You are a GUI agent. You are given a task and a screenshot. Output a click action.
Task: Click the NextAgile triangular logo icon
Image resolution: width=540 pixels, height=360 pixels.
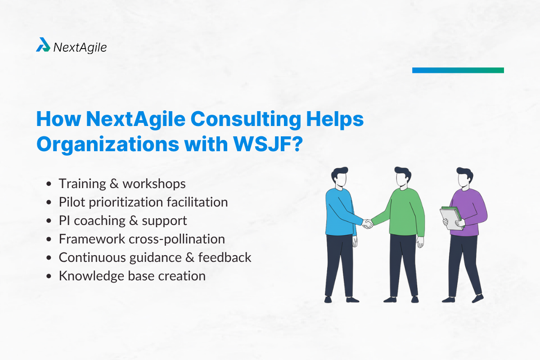tap(43, 45)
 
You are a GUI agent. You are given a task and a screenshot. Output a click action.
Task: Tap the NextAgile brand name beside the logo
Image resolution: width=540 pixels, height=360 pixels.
tap(80, 47)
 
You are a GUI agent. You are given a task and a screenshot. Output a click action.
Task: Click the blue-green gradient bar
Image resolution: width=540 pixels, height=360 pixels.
tap(458, 70)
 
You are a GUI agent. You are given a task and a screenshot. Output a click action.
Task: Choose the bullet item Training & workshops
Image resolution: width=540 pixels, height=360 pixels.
tap(122, 184)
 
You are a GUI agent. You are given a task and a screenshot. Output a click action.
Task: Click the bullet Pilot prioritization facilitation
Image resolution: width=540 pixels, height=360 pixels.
tap(143, 202)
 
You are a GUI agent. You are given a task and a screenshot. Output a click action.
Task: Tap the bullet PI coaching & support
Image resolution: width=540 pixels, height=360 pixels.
tap(123, 220)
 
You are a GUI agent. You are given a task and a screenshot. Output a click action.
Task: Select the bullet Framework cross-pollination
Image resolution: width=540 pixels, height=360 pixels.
tap(142, 239)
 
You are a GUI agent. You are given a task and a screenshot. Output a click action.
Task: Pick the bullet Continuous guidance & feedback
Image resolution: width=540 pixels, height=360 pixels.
tap(155, 257)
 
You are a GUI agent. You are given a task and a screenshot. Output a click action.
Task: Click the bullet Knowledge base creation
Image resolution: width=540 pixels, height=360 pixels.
tap(132, 276)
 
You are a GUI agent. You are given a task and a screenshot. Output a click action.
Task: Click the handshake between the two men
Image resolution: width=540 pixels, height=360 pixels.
tap(368, 223)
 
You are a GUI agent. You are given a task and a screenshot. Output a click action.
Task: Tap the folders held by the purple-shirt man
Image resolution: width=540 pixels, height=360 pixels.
tap(451, 217)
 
